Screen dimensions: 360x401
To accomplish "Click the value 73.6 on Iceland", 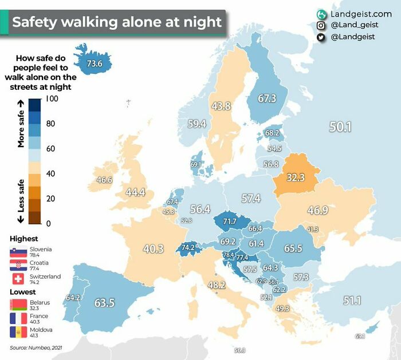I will [x=94, y=64].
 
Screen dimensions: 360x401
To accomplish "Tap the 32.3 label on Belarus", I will [x=296, y=177].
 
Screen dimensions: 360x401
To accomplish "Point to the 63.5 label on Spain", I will [x=105, y=303].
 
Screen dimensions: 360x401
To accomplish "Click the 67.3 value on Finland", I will [x=267, y=98].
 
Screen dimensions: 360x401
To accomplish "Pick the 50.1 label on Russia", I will [x=340, y=127].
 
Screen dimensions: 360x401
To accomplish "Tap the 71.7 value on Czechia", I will [x=230, y=221].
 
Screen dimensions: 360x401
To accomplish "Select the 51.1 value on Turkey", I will [x=352, y=300].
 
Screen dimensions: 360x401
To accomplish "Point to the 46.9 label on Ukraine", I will [x=317, y=210].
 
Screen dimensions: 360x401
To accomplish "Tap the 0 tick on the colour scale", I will [x=49, y=223].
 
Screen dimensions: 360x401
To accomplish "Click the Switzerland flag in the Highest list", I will [x=18, y=279].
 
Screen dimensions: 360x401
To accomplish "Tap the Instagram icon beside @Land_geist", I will [x=321, y=25].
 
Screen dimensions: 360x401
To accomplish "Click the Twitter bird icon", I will [x=321, y=37].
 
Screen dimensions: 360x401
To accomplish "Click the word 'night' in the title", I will [x=196, y=22].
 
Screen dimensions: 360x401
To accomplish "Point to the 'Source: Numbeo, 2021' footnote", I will [x=35, y=348].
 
